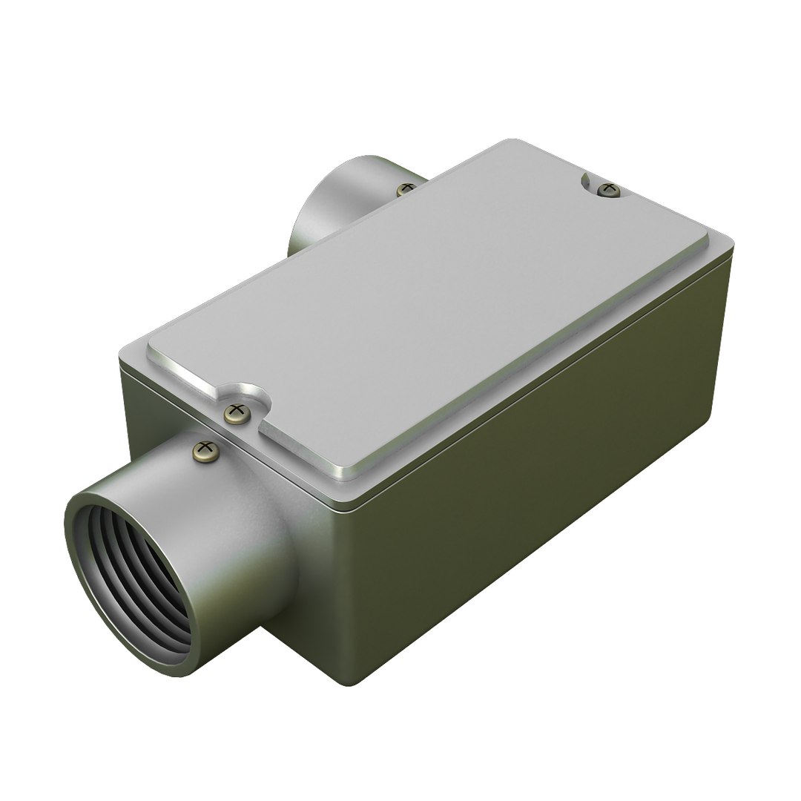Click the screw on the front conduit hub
pyautogui.click(x=205, y=449)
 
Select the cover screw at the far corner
pyautogui.click(x=608, y=189)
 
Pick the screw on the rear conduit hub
pyautogui.click(x=405, y=190)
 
